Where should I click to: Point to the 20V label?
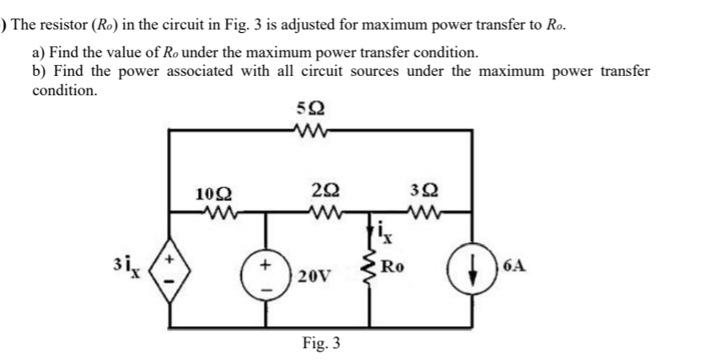point(314,276)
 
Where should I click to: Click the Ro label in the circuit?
point(394,270)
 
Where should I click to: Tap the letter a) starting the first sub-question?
point(40,52)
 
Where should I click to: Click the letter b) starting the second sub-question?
point(40,71)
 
